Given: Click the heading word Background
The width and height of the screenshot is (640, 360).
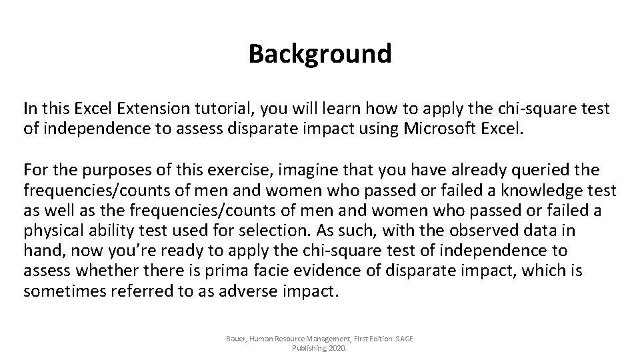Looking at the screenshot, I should click(320, 54).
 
